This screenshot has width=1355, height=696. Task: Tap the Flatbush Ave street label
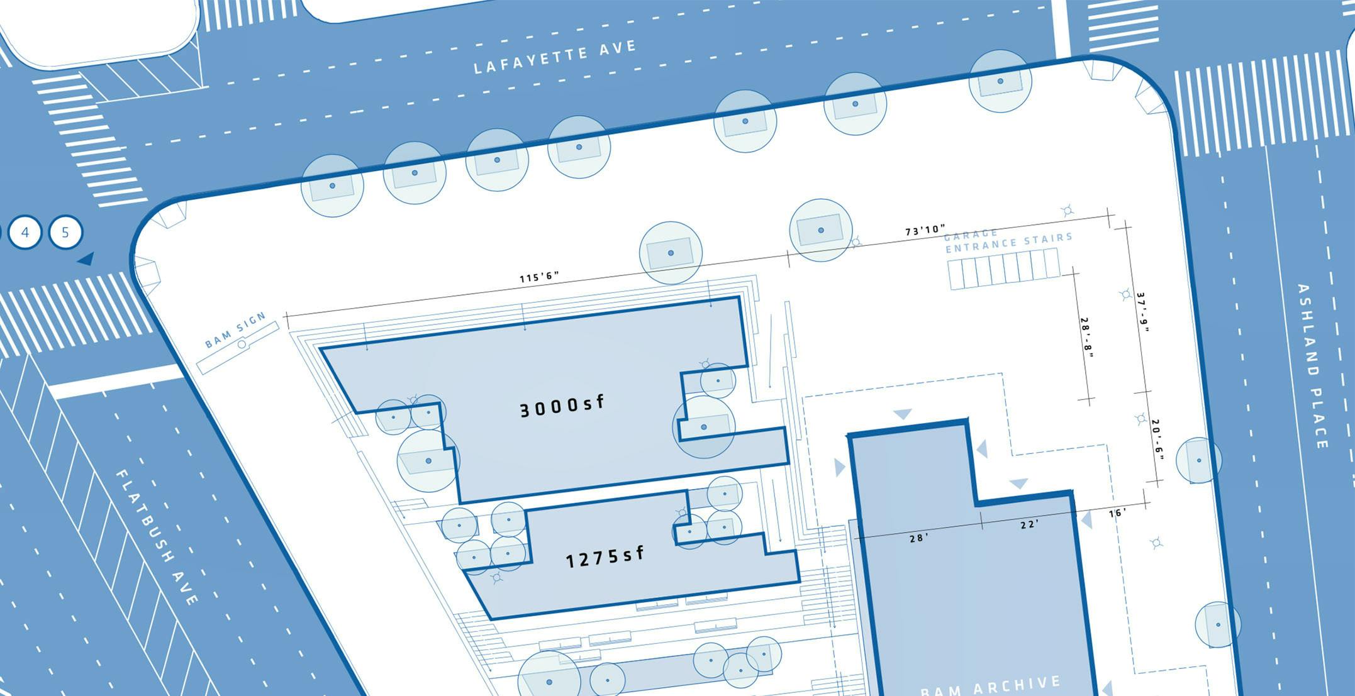157,538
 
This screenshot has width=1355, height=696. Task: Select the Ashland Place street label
1312,366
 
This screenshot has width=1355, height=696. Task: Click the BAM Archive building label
991,685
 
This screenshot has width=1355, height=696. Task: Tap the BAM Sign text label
236,330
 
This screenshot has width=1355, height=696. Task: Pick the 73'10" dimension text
925,231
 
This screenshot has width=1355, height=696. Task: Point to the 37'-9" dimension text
1142,312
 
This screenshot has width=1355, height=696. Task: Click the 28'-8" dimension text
1087,338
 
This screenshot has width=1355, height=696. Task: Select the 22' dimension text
1029,524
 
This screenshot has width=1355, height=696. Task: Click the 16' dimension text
1117,513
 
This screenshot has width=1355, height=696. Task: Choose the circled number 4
25,233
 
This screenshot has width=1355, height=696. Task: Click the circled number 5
65,233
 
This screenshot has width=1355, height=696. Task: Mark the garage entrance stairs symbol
1004,269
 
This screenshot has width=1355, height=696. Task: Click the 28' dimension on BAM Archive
919,538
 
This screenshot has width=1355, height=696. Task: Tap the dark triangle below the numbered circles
86,258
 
